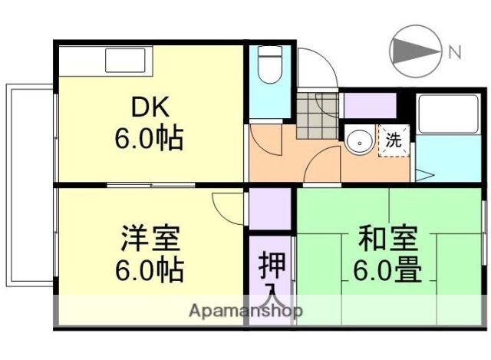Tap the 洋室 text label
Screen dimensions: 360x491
(x=150, y=239)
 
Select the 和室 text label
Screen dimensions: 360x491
(x=387, y=239)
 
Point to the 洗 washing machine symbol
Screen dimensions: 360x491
(x=393, y=140)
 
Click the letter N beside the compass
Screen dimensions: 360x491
(x=454, y=52)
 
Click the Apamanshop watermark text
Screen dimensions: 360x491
(x=245, y=312)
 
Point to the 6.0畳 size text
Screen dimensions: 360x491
(x=387, y=270)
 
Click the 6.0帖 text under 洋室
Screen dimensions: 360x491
(x=150, y=270)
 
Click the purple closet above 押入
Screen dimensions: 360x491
(x=270, y=207)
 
